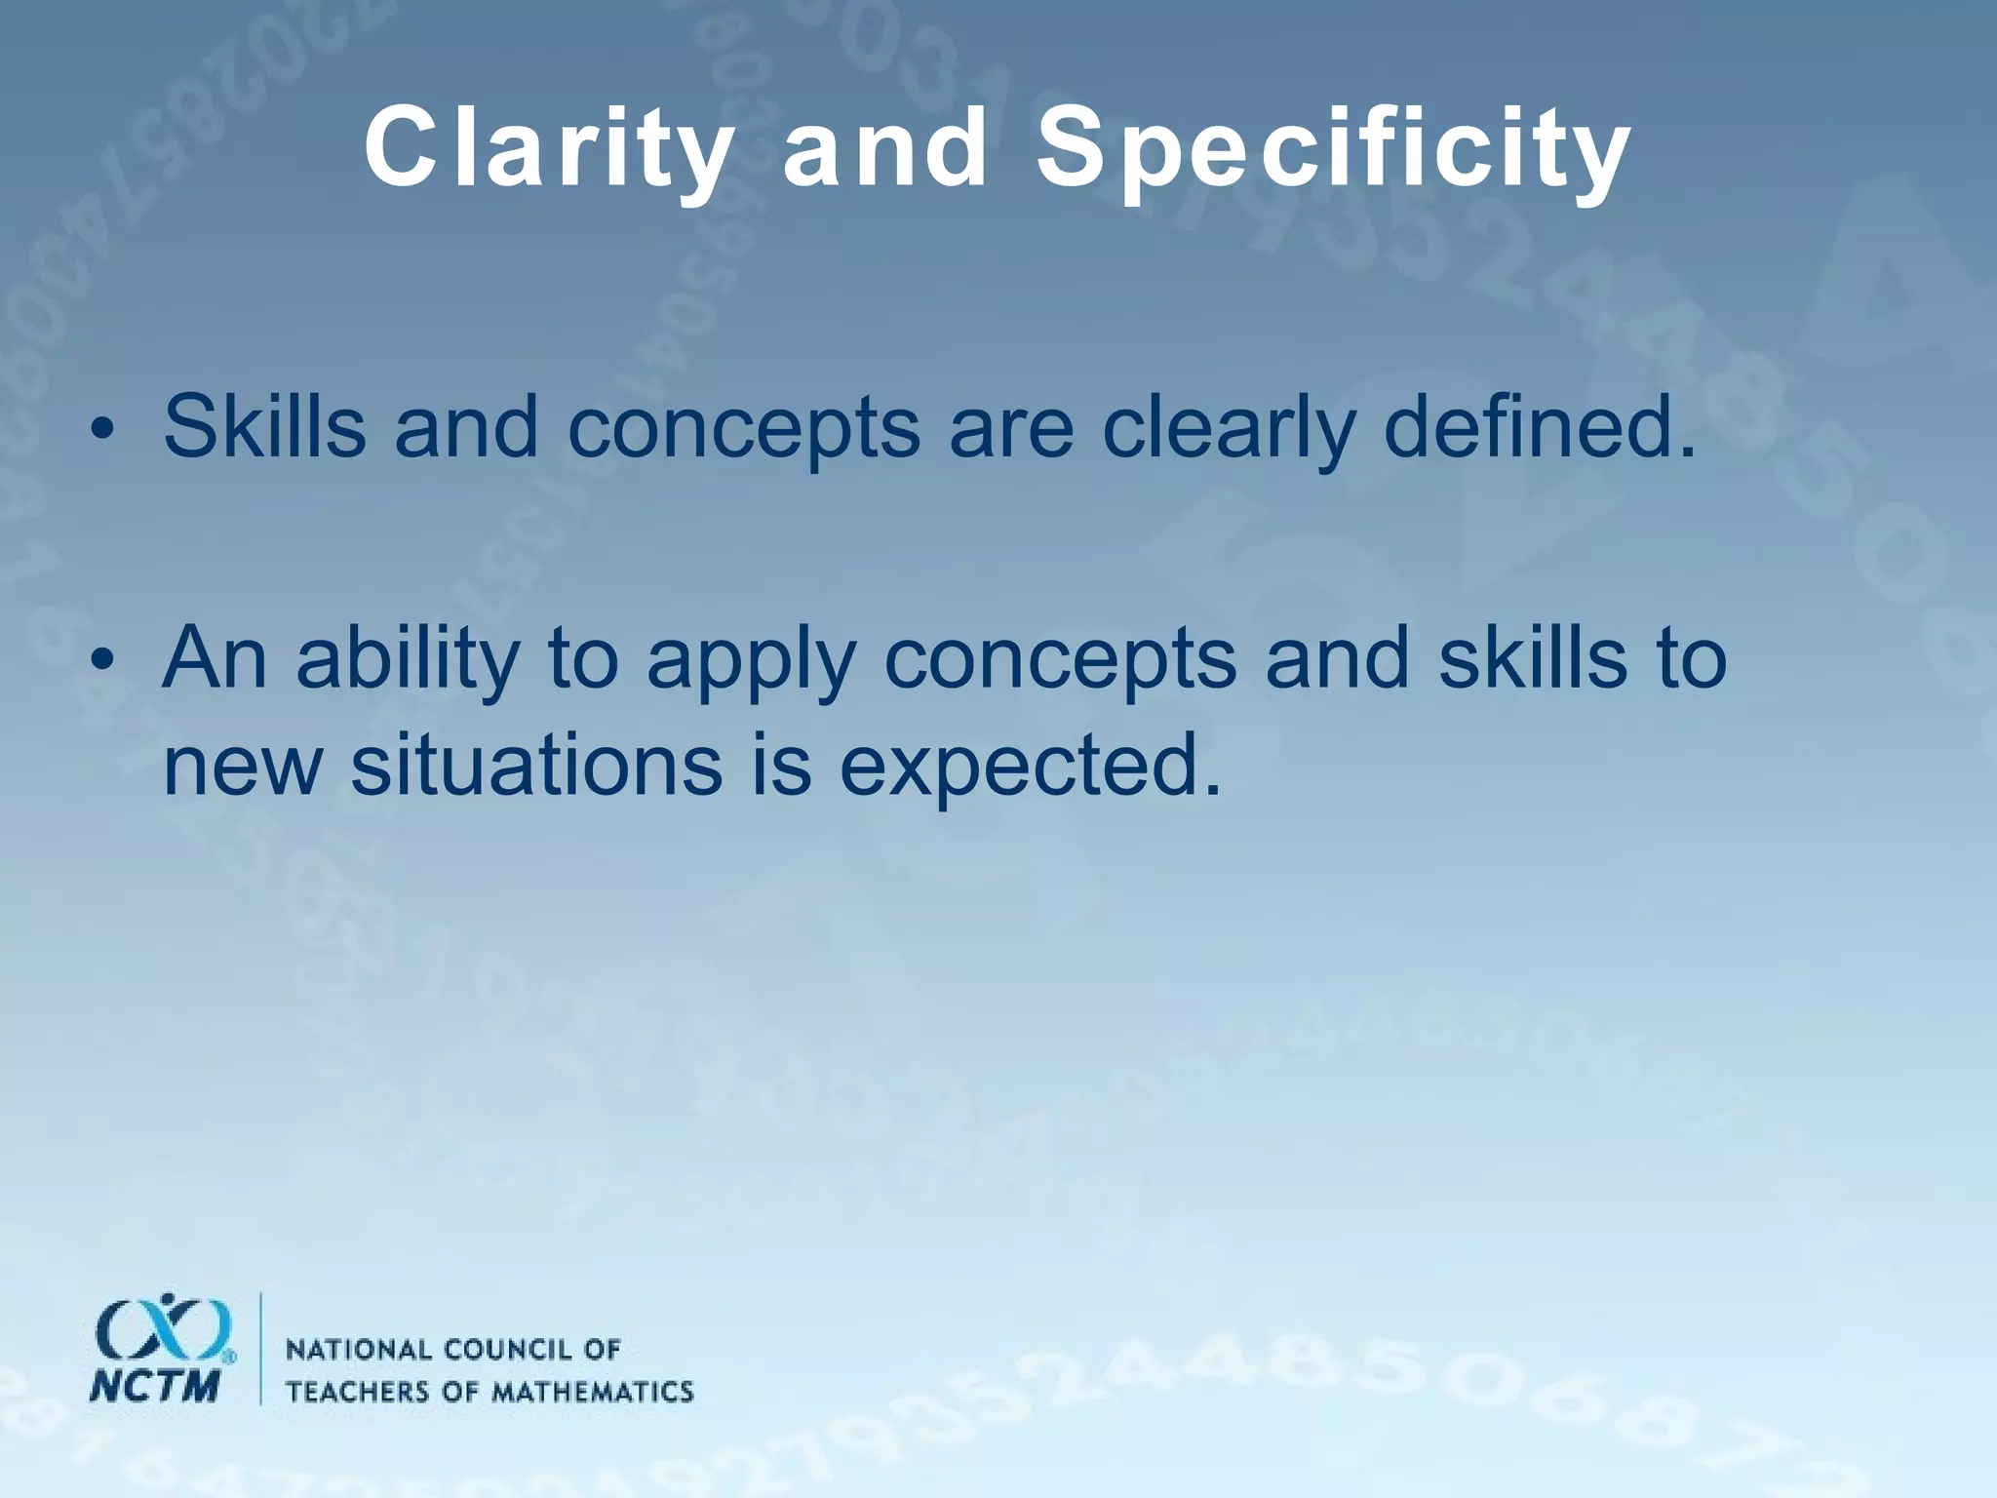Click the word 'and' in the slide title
pyautogui.click(x=884, y=149)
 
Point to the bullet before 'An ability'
pyautogui.click(x=101, y=663)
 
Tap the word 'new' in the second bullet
pyautogui.click(x=242, y=766)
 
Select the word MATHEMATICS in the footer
pyautogui.click(x=591, y=1392)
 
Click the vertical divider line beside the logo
pyautogui.click(x=260, y=1348)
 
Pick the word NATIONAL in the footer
pyautogui.click(x=357, y=1350)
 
